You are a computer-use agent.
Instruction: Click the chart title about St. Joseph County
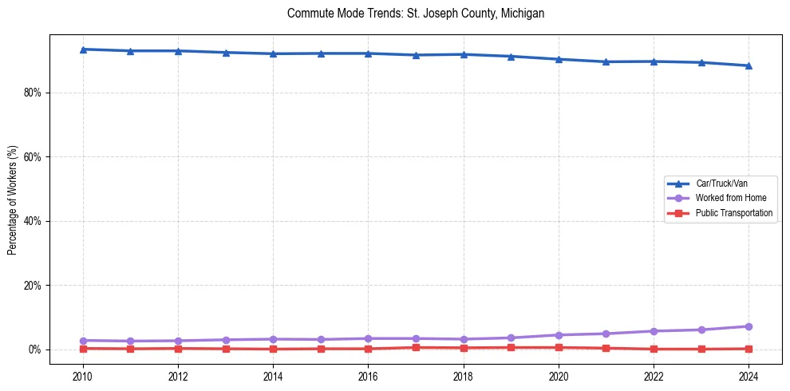(x=415, y=14)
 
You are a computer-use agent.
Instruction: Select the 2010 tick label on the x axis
(x=83, y=376)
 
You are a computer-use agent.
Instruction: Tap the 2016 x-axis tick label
(x=368, y=376)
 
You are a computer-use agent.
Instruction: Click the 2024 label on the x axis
(x=749, y=376)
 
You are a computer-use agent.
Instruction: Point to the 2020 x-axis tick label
(x=559, y=376)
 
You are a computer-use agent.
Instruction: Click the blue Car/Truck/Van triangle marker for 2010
(x=83, y=49)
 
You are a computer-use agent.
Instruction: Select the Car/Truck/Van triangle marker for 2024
(x=749, y=65)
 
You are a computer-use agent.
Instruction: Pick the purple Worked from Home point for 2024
(x=749, y=326)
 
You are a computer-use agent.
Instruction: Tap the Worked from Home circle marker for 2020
(x=559, y=335)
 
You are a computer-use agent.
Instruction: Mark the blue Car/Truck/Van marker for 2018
(x=464, y=54)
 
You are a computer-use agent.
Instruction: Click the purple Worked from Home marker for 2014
(x=273, y=339)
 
